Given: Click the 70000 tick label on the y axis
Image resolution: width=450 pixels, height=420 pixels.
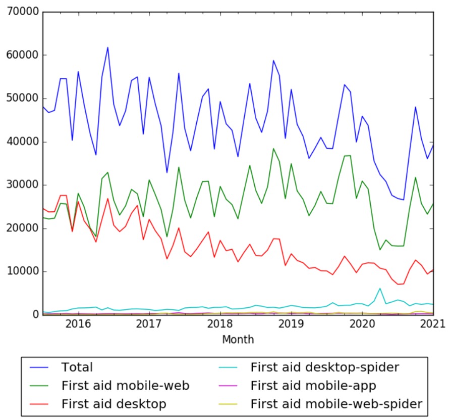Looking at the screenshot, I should [21, 12].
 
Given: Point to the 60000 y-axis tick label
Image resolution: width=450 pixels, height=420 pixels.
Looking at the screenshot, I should [21, 55].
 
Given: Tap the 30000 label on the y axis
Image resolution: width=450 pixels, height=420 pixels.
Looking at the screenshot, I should [21, 185].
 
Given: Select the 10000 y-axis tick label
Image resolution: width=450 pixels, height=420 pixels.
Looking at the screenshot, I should [21, 271].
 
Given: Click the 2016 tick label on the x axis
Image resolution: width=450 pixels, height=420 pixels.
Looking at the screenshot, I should [78, 323].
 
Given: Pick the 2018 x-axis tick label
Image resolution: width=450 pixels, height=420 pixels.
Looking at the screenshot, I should [219, 323].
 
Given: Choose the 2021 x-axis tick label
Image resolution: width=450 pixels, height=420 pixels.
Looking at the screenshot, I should [432, 323].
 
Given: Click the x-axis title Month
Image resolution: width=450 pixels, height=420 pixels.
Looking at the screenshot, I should [238, 339].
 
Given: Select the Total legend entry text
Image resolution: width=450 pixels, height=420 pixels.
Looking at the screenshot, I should [77, 367].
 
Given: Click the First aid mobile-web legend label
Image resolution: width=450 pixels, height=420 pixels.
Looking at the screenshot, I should [125, 386].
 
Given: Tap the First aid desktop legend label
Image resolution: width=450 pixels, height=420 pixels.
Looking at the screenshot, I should [114, 404].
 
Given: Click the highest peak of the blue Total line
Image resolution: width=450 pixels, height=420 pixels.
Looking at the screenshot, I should [107, 48].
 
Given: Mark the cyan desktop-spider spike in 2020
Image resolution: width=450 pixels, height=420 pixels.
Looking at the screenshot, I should [380, 288].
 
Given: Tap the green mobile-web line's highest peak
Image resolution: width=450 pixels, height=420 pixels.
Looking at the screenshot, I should [273, 149].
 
